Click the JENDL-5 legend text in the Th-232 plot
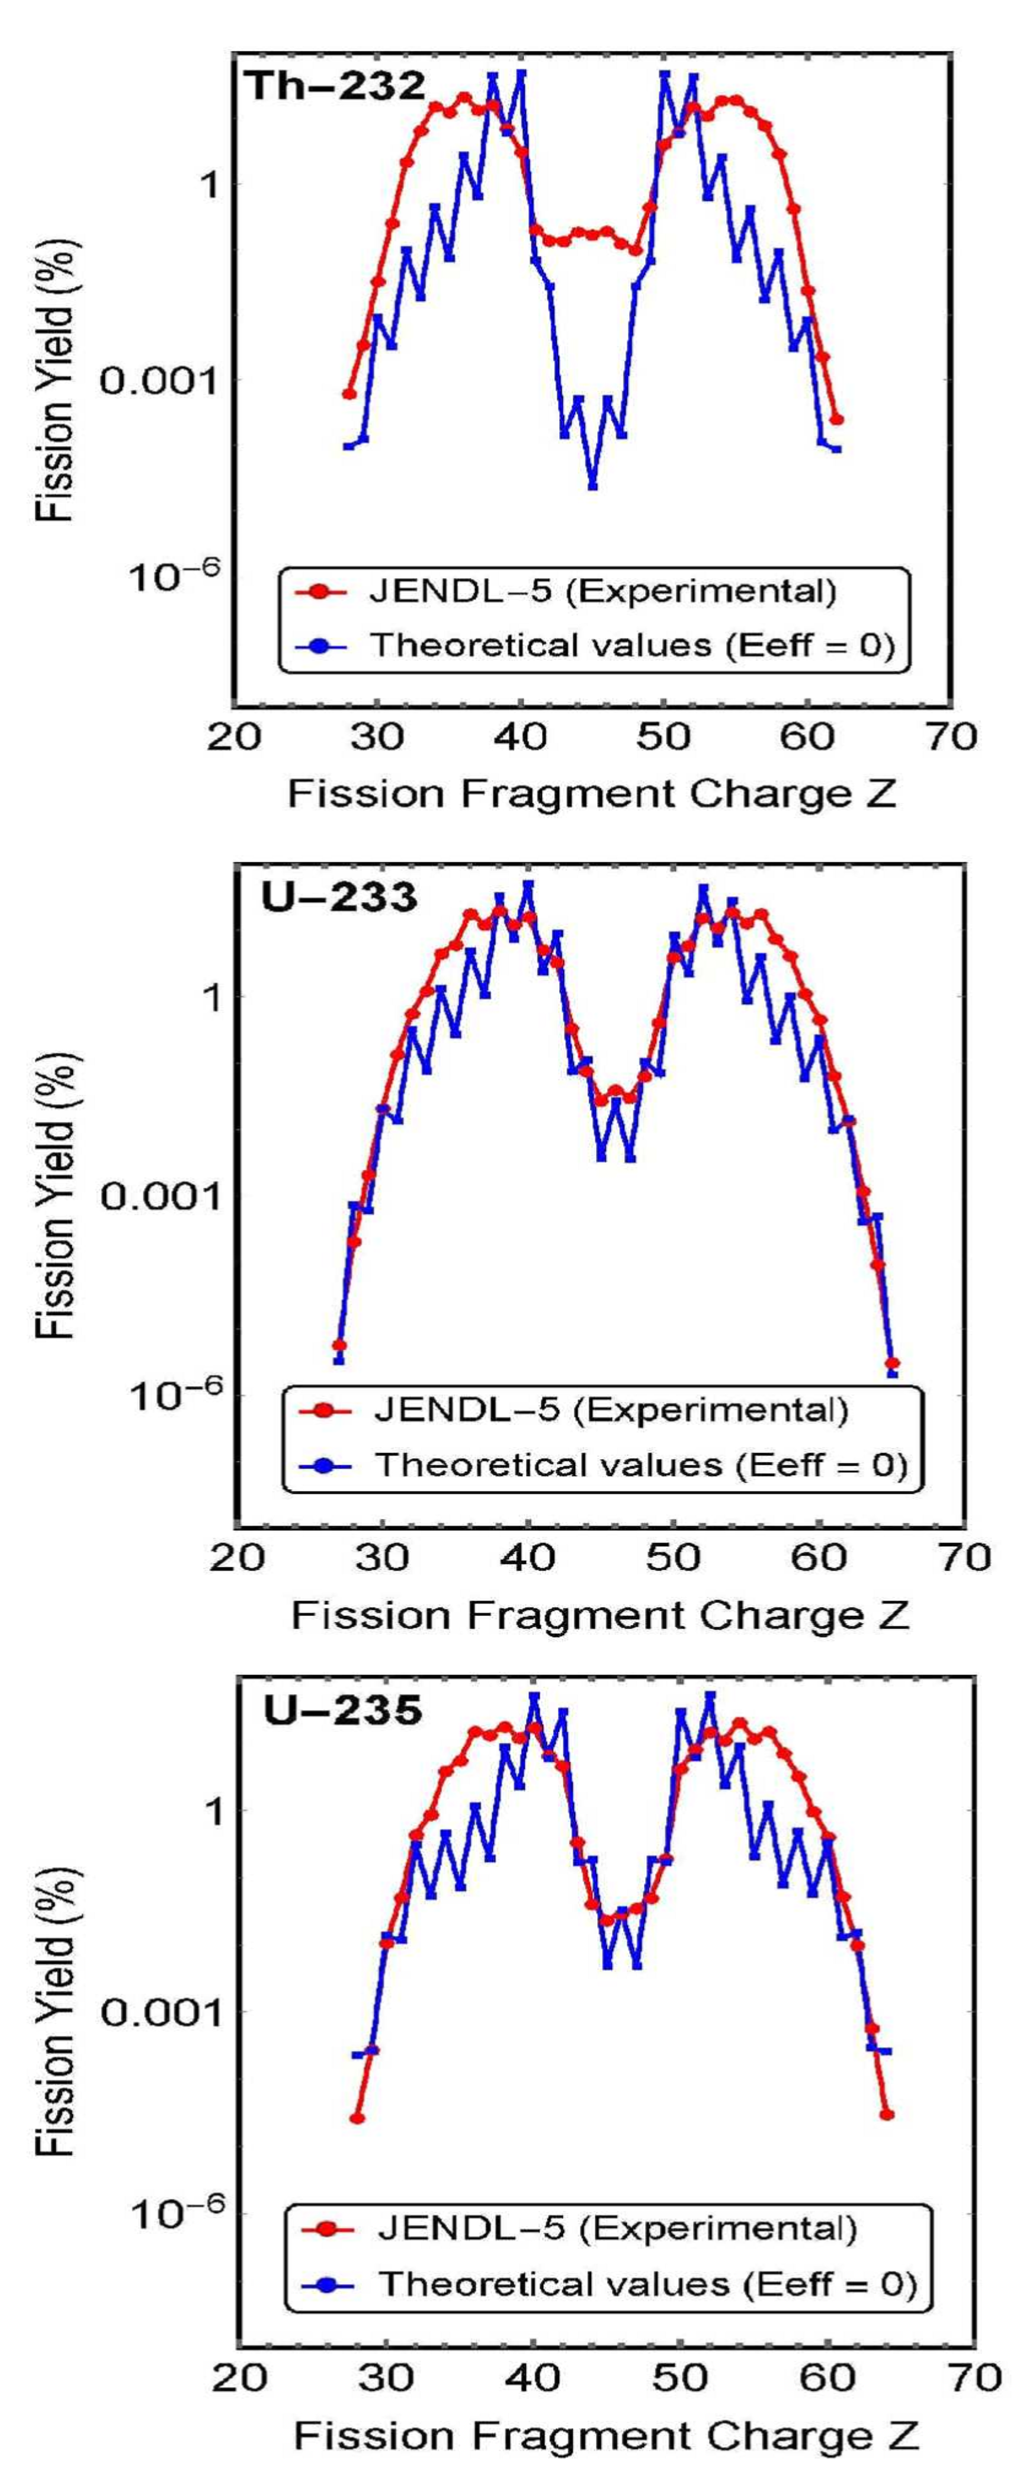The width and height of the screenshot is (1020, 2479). [x=604, y=590]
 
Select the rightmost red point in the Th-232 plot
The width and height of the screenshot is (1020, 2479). [x=837, y=419]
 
